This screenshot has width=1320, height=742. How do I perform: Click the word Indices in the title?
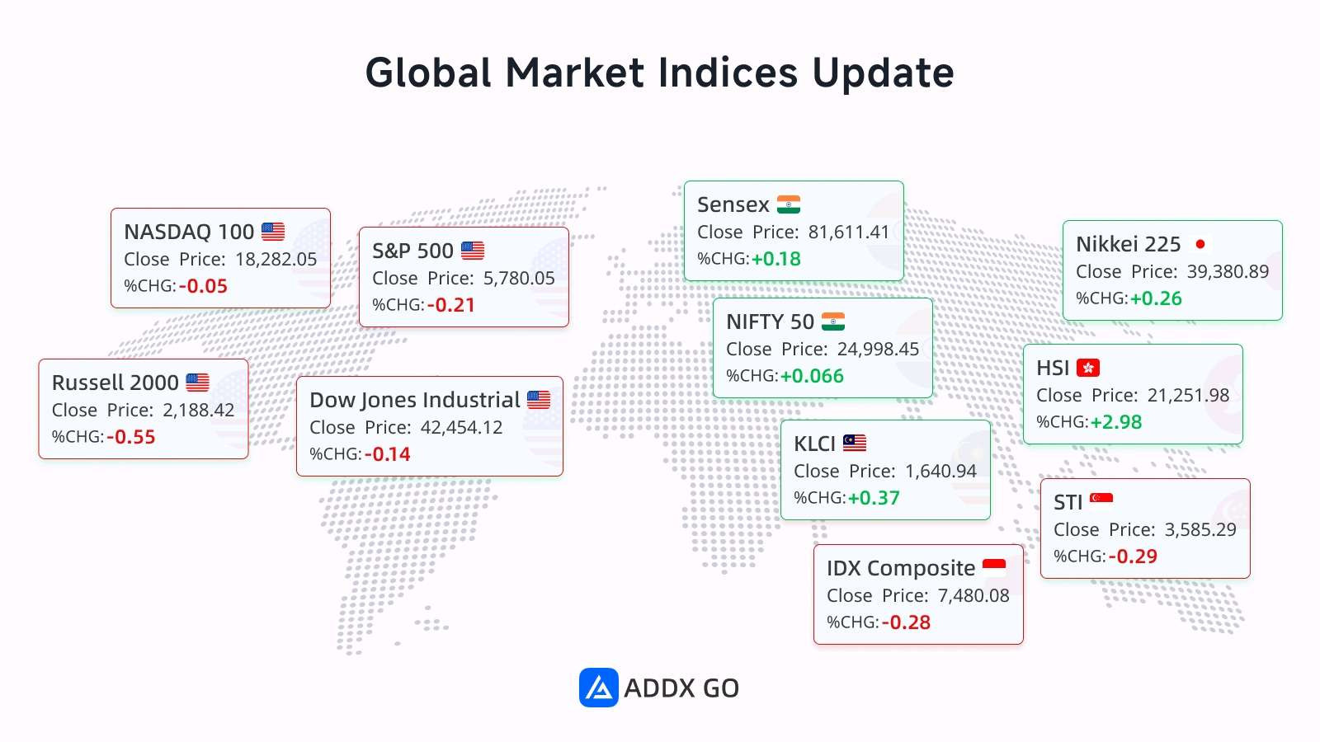(728, 73)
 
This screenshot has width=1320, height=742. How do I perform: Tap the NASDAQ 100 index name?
(189, 232)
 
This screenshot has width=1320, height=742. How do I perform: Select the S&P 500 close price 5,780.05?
(519, 278)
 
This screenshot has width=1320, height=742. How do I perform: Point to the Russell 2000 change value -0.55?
(131, 437)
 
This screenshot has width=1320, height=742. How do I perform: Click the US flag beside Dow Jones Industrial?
(539, 400)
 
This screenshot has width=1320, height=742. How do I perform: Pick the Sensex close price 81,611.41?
(849, 232)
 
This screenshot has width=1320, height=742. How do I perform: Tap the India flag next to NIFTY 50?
(833, 322)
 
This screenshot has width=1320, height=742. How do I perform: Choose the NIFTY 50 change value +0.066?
(812, 376)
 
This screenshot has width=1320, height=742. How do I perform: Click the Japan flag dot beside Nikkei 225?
(1200, 244)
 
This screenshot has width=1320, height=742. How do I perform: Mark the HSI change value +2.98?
(1115, 422)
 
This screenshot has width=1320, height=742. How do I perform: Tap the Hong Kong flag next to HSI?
(1088, 368)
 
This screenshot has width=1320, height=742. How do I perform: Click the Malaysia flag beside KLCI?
(855, 443)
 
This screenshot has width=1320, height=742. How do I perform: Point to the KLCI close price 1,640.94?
(940, 471)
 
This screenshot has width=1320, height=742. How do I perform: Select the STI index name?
(1068, 503)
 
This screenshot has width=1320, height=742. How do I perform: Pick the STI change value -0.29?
(1133, 556)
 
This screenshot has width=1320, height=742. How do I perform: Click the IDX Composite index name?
(900, 568)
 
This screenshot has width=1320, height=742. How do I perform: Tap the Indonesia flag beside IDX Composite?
(994, 564)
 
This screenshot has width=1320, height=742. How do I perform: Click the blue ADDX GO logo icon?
(598, 688)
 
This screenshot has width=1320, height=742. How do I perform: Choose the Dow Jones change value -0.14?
(387, 454)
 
